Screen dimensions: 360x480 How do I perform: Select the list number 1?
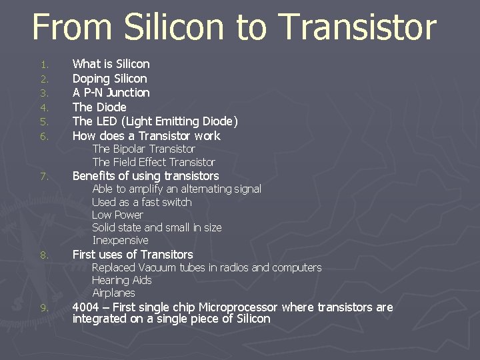[44, 65]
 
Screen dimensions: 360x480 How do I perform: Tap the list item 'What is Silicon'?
[111, 64]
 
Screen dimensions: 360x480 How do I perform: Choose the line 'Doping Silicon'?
[109, 79]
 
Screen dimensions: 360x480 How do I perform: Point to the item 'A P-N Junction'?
[111, 93]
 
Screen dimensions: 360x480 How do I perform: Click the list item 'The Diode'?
[99, 107]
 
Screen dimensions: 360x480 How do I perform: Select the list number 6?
[44, 137]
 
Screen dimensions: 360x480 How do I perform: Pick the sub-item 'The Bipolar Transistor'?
[143, 149]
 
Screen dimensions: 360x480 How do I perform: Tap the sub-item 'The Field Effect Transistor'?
[153, 162]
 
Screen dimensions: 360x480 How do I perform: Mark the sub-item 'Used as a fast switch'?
[141, 202]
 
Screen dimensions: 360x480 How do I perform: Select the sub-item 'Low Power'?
[117, 215]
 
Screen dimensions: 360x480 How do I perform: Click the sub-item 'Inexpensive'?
[120, 240]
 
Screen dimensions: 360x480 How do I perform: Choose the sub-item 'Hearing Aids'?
[122, 280]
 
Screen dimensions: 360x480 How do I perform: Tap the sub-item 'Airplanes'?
[113, 293]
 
